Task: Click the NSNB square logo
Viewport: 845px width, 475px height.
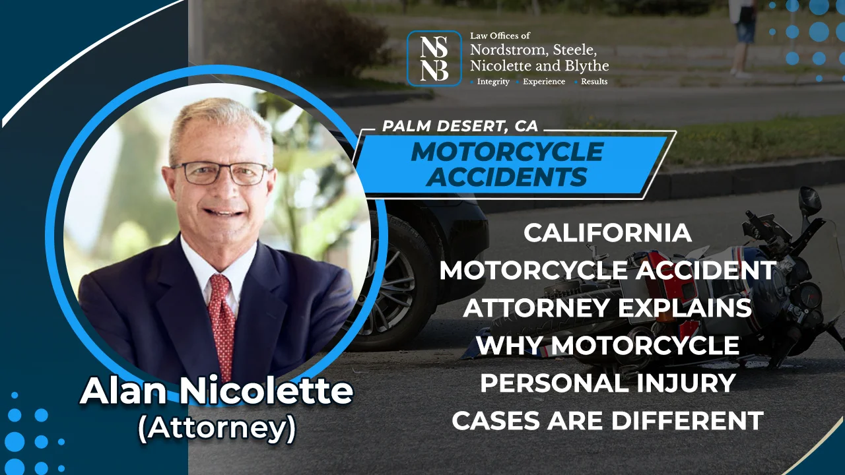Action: pyautogui.click(x=434, y=58)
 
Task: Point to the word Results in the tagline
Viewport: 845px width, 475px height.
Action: pyautogui.click(x=594, y=82)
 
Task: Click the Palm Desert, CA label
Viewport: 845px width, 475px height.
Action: pyautogui.click(x=461, y=126)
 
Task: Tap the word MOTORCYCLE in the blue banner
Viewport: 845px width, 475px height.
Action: pyautogui.click(x=506, y=152)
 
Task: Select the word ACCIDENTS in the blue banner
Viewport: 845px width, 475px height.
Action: pyautogui.click(x=506, y=176)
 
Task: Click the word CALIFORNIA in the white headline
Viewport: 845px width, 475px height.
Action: pyautogui.click(x=607, y=233)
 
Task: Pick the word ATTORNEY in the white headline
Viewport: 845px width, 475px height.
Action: pyautogui.click(x=520, y=307)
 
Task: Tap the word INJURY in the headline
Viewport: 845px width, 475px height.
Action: pyautogui.click(x=688, y=383)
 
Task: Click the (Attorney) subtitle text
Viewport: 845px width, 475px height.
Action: pyautogui.click(x=217, y=428)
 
